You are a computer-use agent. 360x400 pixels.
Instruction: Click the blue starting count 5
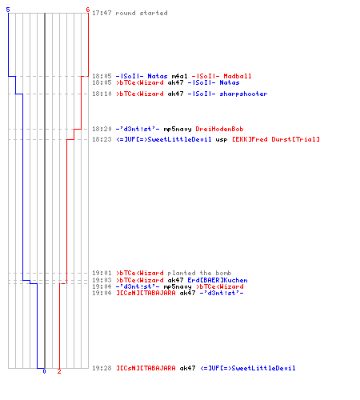tap(8, 10)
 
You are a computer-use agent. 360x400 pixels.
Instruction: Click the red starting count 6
tap(88, 10)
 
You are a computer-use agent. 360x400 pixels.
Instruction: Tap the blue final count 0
tap(44, 371)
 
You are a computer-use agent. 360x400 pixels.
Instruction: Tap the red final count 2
tap(59, 371)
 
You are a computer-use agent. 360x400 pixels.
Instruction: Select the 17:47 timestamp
tap(102, 13)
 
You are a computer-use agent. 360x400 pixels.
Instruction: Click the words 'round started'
tap(142, 13)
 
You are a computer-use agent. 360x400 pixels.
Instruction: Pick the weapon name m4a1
tap(179, 76)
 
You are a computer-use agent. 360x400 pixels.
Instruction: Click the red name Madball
tap(238, 76)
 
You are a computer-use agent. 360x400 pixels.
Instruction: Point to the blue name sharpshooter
tap(243, 94)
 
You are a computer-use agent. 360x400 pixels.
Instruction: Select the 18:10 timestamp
tap(102, 94)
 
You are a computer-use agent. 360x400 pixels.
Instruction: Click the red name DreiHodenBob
tap(219, 129)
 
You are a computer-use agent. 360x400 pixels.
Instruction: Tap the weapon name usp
tap(222, 140)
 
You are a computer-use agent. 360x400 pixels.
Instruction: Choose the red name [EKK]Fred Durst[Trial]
tap(276, 139)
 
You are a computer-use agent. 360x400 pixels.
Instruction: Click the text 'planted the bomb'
tap(199, 273)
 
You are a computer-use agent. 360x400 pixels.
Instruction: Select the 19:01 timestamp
tap(102, 273)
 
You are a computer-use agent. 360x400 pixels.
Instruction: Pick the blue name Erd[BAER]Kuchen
tap(218, 280)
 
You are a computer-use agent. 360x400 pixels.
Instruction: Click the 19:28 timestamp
tap(102, 368)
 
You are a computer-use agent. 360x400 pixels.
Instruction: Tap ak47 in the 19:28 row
tap(187, 368)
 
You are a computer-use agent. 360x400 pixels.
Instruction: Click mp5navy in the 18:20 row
tap(178, 130)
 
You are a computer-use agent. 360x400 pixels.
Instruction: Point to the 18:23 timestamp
tap(102, 139)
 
